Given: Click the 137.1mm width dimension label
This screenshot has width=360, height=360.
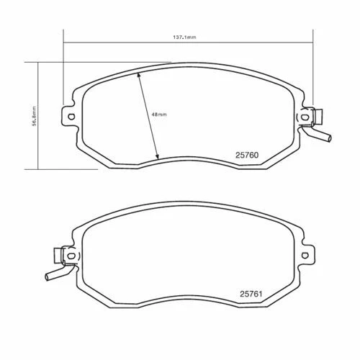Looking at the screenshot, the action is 184,37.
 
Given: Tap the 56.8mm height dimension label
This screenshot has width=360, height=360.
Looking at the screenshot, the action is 34,116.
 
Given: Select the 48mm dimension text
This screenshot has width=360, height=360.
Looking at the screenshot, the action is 159,114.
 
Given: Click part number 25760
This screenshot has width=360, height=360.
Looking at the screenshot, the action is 247,155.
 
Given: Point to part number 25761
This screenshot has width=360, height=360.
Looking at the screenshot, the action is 251,294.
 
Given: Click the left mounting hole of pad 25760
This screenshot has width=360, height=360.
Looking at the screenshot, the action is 71,117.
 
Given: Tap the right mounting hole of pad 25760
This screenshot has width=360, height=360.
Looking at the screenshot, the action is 305,117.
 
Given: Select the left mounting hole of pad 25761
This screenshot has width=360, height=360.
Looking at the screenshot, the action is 71,256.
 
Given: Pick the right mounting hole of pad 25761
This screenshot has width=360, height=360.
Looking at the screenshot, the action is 305,255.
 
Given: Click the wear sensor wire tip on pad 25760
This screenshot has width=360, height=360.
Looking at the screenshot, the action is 330,138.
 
